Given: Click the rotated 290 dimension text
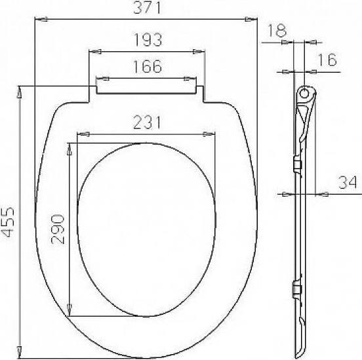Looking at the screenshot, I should tap(58, 228).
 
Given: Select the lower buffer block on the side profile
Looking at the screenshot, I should tap(297, 289).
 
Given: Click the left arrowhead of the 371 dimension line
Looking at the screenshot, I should tap(37, 20).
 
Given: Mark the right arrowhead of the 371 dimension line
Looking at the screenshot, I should tap(251, 20).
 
